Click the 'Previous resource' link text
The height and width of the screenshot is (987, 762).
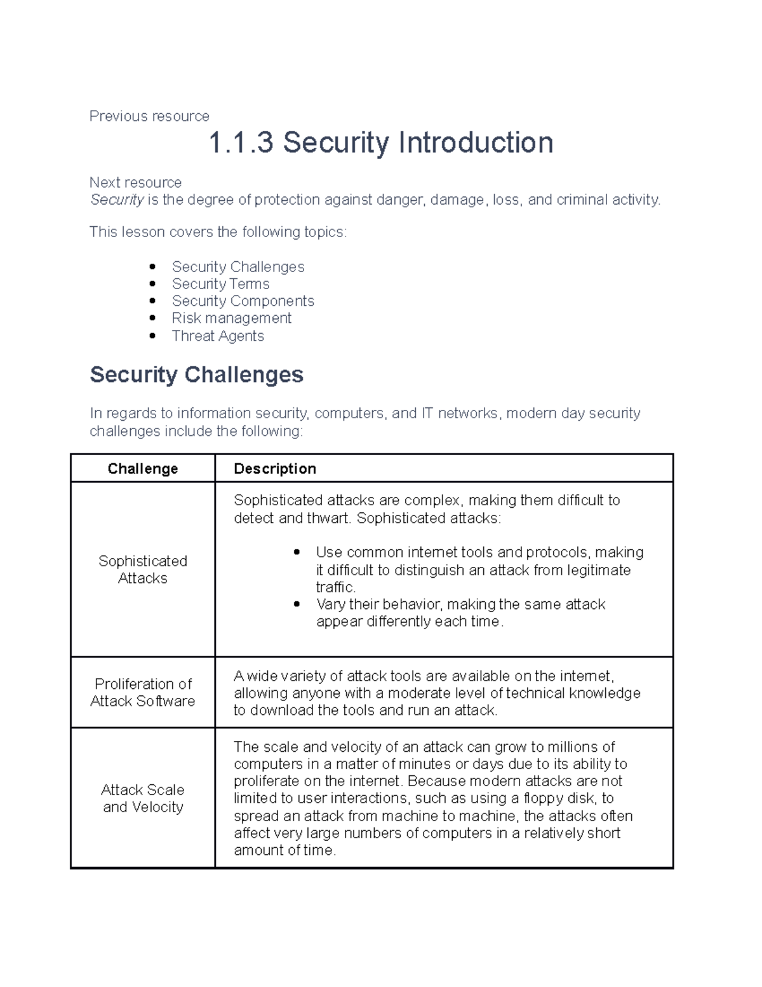[149, 116]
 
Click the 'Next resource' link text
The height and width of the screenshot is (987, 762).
[135, 183]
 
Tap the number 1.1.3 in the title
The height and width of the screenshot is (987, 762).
[241, 142]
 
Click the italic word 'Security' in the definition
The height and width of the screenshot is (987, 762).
[117, 200]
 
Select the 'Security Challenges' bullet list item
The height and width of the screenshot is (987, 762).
[237, 267]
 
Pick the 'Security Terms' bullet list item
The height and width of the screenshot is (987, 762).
[220, 284]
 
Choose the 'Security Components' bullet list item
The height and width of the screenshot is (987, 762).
[243, 301]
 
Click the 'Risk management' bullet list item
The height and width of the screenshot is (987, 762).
[231, 318]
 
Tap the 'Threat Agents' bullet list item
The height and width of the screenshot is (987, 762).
[218, 336]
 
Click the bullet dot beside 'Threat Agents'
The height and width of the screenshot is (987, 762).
[152, 336]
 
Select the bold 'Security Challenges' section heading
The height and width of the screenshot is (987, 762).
[196, 375]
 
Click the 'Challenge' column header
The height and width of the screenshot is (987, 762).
[142, 469]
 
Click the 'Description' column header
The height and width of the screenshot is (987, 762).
[274, 469]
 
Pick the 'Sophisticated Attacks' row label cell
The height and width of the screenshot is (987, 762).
[142, 569]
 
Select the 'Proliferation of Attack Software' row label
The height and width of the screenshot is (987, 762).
[142, 693]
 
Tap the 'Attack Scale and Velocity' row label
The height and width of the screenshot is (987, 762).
[142, 798]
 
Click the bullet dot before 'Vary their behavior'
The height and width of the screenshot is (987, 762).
[297, 604]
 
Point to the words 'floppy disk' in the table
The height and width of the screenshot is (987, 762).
[559, 799]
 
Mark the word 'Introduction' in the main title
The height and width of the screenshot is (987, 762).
[476, 142]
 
